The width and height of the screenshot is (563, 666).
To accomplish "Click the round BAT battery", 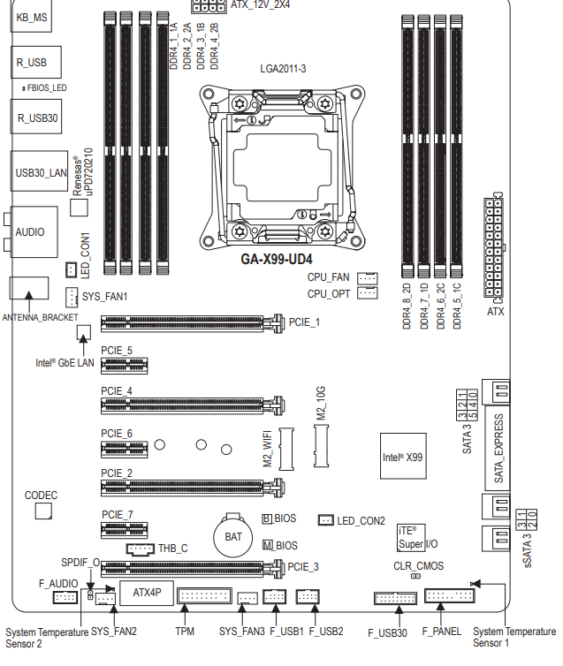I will tap(233, 535).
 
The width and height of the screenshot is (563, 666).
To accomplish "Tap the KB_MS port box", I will tap(33, 18).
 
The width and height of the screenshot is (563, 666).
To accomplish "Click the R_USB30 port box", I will tap(36, 116).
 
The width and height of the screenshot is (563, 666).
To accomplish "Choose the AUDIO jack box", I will tap(33, 232).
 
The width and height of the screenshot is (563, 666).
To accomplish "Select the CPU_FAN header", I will tap(368, 278).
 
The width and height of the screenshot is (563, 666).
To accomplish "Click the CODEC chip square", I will tap(42, 511).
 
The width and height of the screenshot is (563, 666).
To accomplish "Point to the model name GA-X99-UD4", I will tap(277, 260).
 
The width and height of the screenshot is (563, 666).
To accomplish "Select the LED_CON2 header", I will tap(324, 520).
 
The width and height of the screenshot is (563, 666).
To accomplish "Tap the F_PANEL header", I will tap(449, 597).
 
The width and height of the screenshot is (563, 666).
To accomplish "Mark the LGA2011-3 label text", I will tap(283, 68).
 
